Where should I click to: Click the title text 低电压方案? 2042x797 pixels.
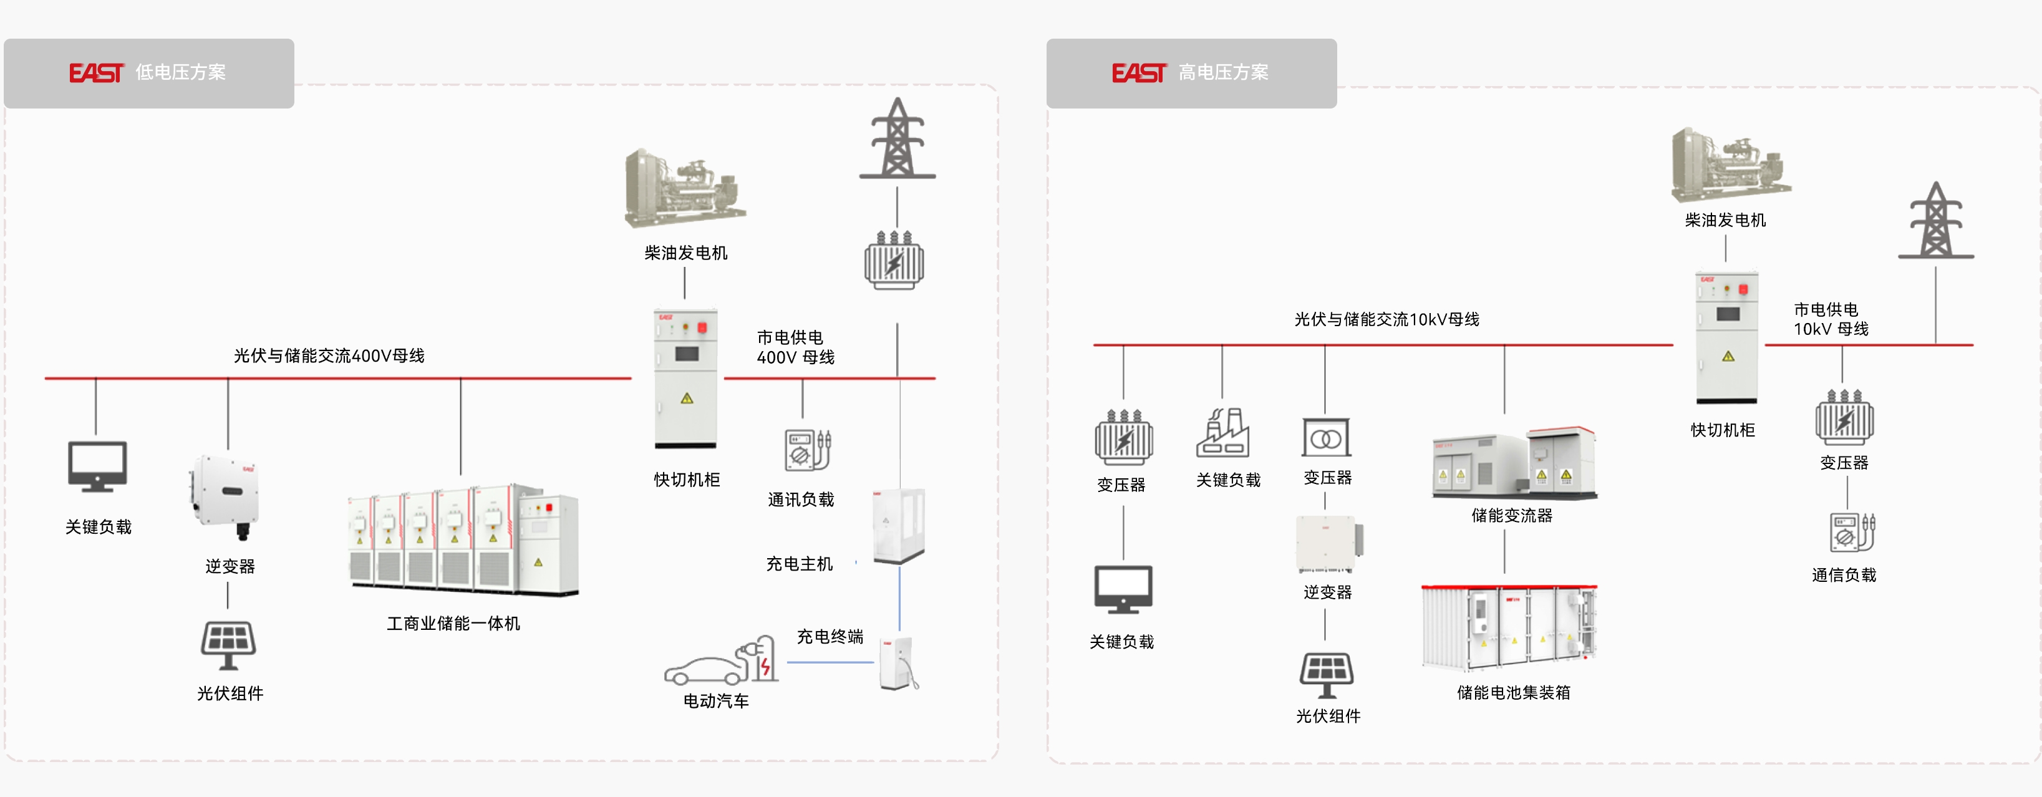click(180, 72)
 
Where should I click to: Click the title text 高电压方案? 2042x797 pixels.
click(1222, 72)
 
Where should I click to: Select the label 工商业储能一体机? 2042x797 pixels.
click(453, 624)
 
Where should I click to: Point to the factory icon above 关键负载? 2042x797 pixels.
click(1222, 433)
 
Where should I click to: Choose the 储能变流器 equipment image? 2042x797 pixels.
click(1514, 463)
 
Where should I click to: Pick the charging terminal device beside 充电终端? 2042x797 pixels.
click(898, 663)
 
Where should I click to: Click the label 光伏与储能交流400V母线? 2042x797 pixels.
click(329, 355)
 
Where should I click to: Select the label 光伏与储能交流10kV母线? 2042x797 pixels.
click(1386, 319)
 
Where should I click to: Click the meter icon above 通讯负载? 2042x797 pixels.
click(807, 450)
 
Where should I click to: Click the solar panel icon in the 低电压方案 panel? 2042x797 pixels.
click(228, 644)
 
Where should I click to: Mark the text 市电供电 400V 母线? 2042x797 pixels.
click(795, 347)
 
